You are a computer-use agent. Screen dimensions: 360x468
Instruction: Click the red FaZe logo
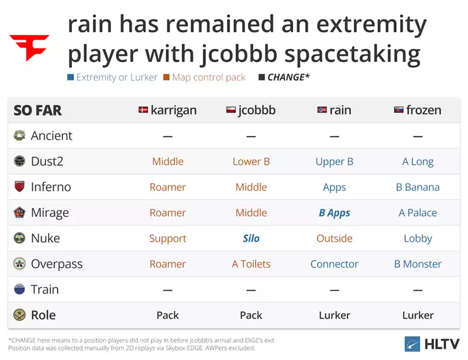coord(29,47)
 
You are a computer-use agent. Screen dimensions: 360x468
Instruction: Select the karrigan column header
coord(167,110)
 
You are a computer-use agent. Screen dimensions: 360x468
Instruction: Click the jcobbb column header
coord(251,110)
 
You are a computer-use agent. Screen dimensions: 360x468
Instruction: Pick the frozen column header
coord(418,110)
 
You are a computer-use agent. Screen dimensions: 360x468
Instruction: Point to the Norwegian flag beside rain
coord(321,110)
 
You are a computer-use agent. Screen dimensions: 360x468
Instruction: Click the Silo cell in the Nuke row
coord(251,238)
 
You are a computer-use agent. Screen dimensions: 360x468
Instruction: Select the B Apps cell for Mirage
coord(334,213)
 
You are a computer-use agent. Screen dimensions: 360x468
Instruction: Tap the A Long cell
coord(418,162)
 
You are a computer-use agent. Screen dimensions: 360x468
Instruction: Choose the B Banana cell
coord(418,187)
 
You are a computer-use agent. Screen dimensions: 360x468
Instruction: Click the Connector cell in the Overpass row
coord(334,264)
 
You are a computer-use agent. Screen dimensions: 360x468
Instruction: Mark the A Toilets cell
coord(251,264)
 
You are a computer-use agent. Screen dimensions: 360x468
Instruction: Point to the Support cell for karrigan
coord(167,238)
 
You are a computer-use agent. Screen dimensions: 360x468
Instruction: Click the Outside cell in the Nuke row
coord(334,238)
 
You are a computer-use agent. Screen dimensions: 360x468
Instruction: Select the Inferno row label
coord(51,187)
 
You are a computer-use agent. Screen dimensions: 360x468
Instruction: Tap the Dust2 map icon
coord(20,161)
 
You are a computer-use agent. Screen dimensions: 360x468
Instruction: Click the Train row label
coord(45,289)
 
